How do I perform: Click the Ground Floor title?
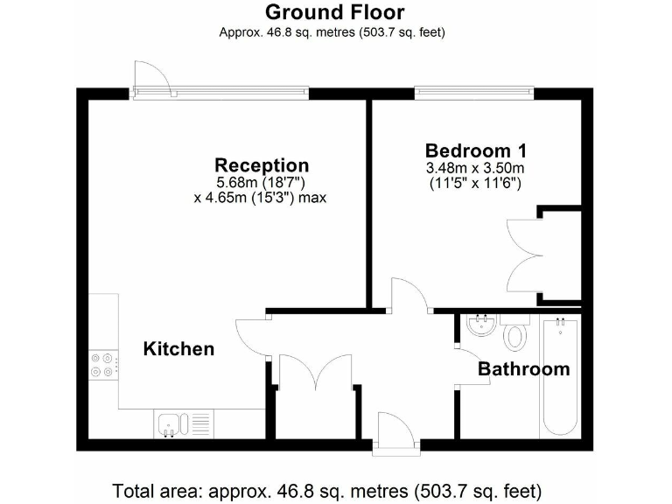pos(334,12)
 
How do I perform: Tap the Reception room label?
pos(262,165)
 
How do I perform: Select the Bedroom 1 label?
pos(475,150)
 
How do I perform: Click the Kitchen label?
pos(178,349)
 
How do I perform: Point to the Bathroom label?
pos(523,369)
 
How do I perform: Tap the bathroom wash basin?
pos(480,326)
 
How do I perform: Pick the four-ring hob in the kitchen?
pos(103,363)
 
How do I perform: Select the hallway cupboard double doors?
pos(315,371)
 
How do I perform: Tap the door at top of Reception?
pos(151,78)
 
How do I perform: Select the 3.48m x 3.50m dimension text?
pos(474,168)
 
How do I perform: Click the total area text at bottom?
pos(326,488)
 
